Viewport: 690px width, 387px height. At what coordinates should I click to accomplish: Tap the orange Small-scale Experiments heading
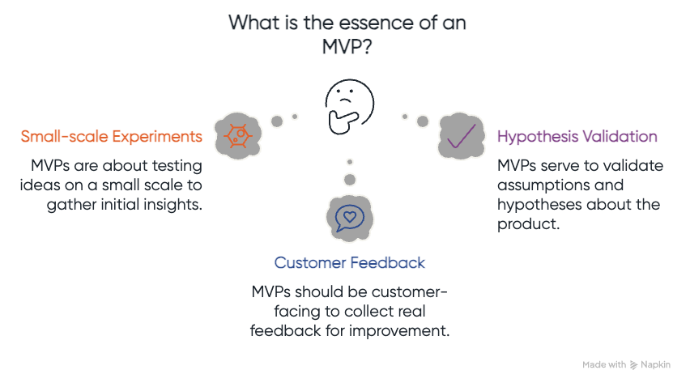pos(112,136)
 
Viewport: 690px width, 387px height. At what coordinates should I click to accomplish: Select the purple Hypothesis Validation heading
pos(577,136)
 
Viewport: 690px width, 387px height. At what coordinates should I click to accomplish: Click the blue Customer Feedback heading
pos(349,263)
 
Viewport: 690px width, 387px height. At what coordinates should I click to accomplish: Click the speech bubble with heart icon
pos(349,217)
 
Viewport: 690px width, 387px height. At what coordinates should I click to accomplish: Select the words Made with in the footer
pos(603,365)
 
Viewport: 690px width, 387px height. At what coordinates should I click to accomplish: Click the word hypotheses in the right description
pos(540,204)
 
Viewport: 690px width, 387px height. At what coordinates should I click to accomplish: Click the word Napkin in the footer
pos(655,365)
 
